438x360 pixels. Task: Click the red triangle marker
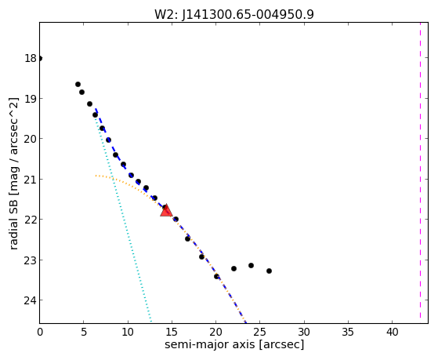tap(166, 210)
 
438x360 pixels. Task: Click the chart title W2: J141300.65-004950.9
tap(234, 14)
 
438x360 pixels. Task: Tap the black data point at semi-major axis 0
tap(40, 59)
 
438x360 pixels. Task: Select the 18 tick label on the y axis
tap(31, 59)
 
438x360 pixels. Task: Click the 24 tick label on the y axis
tap(31, 300)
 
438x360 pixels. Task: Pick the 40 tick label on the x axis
tap(392, 333)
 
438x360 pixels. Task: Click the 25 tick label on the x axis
tap(260, 333)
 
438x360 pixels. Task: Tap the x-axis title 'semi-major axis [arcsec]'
tap(234, 344)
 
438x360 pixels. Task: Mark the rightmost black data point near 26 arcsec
tap(269, 271)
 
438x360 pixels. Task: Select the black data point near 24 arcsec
tap(251, 265)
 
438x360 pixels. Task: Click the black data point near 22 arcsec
tap(233, 269)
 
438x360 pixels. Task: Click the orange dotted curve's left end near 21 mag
tap(96, 176)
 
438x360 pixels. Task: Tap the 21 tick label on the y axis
tap(31, 180)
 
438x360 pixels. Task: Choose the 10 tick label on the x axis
tap(128, 333)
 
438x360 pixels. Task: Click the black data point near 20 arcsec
tap(216, 277)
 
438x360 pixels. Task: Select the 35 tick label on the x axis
tap(348, 333)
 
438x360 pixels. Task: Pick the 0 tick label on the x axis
tap(40, 333)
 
